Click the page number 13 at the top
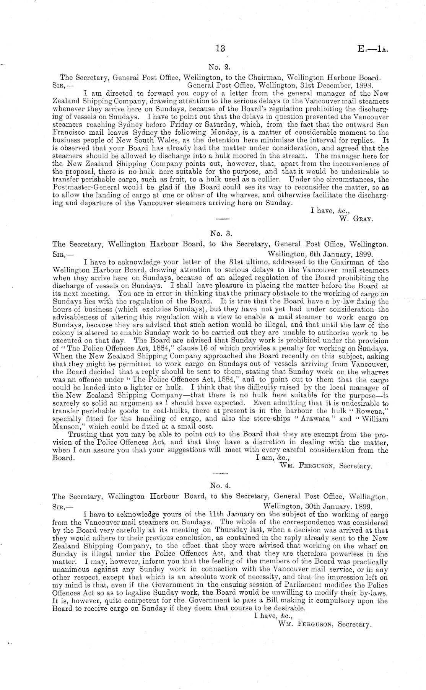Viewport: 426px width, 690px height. point(220,49)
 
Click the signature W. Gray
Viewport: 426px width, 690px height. point(356,219)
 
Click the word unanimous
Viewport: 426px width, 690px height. point(68,569)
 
